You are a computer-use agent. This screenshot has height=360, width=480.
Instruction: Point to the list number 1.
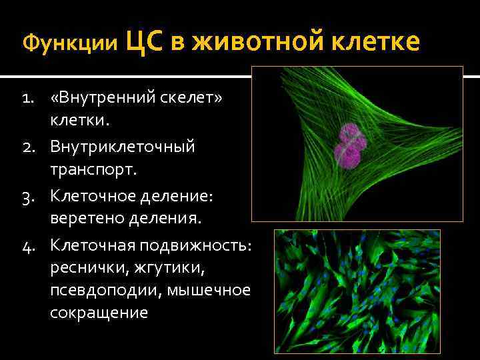[x=28, y=99]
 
